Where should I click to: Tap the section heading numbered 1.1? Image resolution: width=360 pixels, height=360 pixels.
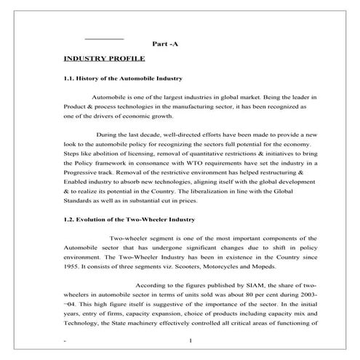point(123,78)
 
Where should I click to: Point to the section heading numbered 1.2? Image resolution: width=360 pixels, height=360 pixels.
point(128,219)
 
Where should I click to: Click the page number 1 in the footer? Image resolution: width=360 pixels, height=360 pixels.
point(189,341)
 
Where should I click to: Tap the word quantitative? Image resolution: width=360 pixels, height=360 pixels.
point(211,155)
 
